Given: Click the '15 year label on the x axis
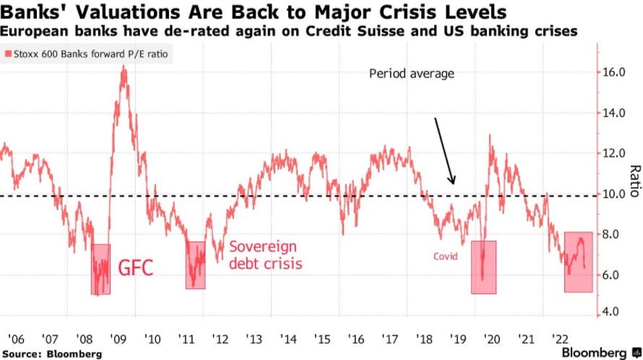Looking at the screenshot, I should coord(321,338).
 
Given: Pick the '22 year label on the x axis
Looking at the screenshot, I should coord(560,338).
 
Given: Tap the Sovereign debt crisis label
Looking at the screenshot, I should coord(265,254).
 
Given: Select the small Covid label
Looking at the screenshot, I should coord(445,257).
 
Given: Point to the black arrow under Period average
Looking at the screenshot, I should coord(444,150).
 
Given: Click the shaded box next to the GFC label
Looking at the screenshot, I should coord(100,269).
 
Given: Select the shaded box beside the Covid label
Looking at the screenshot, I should coord(483,267).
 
